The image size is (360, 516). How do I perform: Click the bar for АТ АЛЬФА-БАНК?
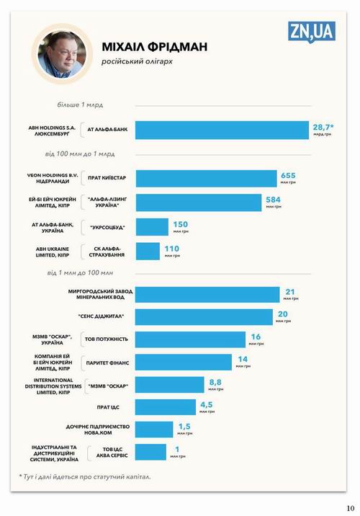point(222,130)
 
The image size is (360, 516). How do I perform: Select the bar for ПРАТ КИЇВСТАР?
point(206,179)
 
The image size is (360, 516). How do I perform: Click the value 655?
point(288,175)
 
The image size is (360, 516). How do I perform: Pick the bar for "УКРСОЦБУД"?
point(152,227)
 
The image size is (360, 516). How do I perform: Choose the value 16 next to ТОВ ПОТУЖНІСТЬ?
point(256,337)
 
